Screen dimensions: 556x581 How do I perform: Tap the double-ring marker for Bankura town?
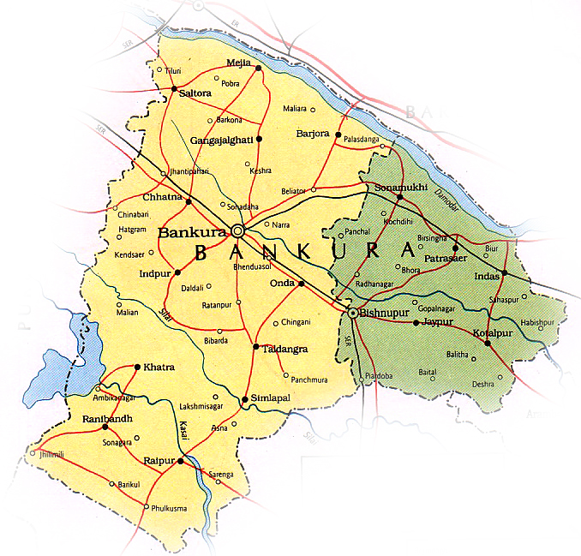238,230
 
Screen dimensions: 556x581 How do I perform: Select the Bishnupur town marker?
352,314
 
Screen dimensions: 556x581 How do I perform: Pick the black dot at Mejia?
259,68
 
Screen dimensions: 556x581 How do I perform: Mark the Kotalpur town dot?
487,344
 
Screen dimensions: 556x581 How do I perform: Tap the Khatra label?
159,368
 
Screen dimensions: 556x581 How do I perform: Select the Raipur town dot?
181,462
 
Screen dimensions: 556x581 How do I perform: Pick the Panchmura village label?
309,379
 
